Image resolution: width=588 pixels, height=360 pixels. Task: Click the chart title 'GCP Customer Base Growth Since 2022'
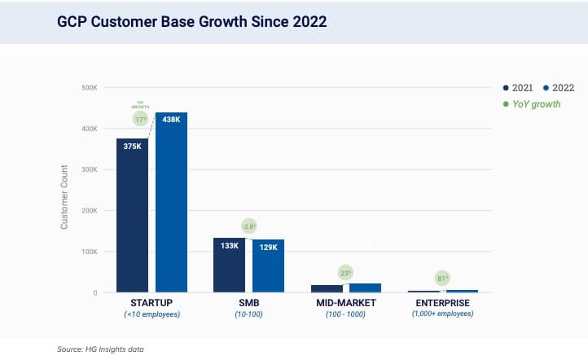click(191, 22)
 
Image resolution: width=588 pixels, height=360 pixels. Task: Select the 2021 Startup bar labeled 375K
click(132, 216)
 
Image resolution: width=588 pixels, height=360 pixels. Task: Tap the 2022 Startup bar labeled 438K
click(171, 204)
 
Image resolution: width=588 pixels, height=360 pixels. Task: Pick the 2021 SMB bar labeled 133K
click(229, 265)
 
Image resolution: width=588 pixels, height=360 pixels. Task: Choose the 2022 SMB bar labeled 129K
click(268, 266)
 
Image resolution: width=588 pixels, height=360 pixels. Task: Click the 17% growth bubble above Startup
click(141, 119)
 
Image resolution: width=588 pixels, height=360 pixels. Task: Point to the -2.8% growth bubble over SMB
click(249, 226)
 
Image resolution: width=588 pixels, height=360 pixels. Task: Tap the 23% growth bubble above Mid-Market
click(346, 274)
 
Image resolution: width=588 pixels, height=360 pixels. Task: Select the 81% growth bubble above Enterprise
click(442, 279)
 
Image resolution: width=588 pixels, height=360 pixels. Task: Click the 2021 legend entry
click(517, 87)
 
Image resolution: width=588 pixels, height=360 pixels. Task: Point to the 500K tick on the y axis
click(90, 87)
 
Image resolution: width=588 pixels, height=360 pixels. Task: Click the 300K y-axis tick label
click(90, 169)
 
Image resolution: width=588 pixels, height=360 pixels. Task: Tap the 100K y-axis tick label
click(90, 252)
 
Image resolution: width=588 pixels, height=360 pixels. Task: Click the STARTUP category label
click(151, 302)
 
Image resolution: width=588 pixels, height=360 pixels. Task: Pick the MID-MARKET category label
click(346, 302)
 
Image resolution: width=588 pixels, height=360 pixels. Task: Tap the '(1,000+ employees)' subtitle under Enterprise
click(443, 314)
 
